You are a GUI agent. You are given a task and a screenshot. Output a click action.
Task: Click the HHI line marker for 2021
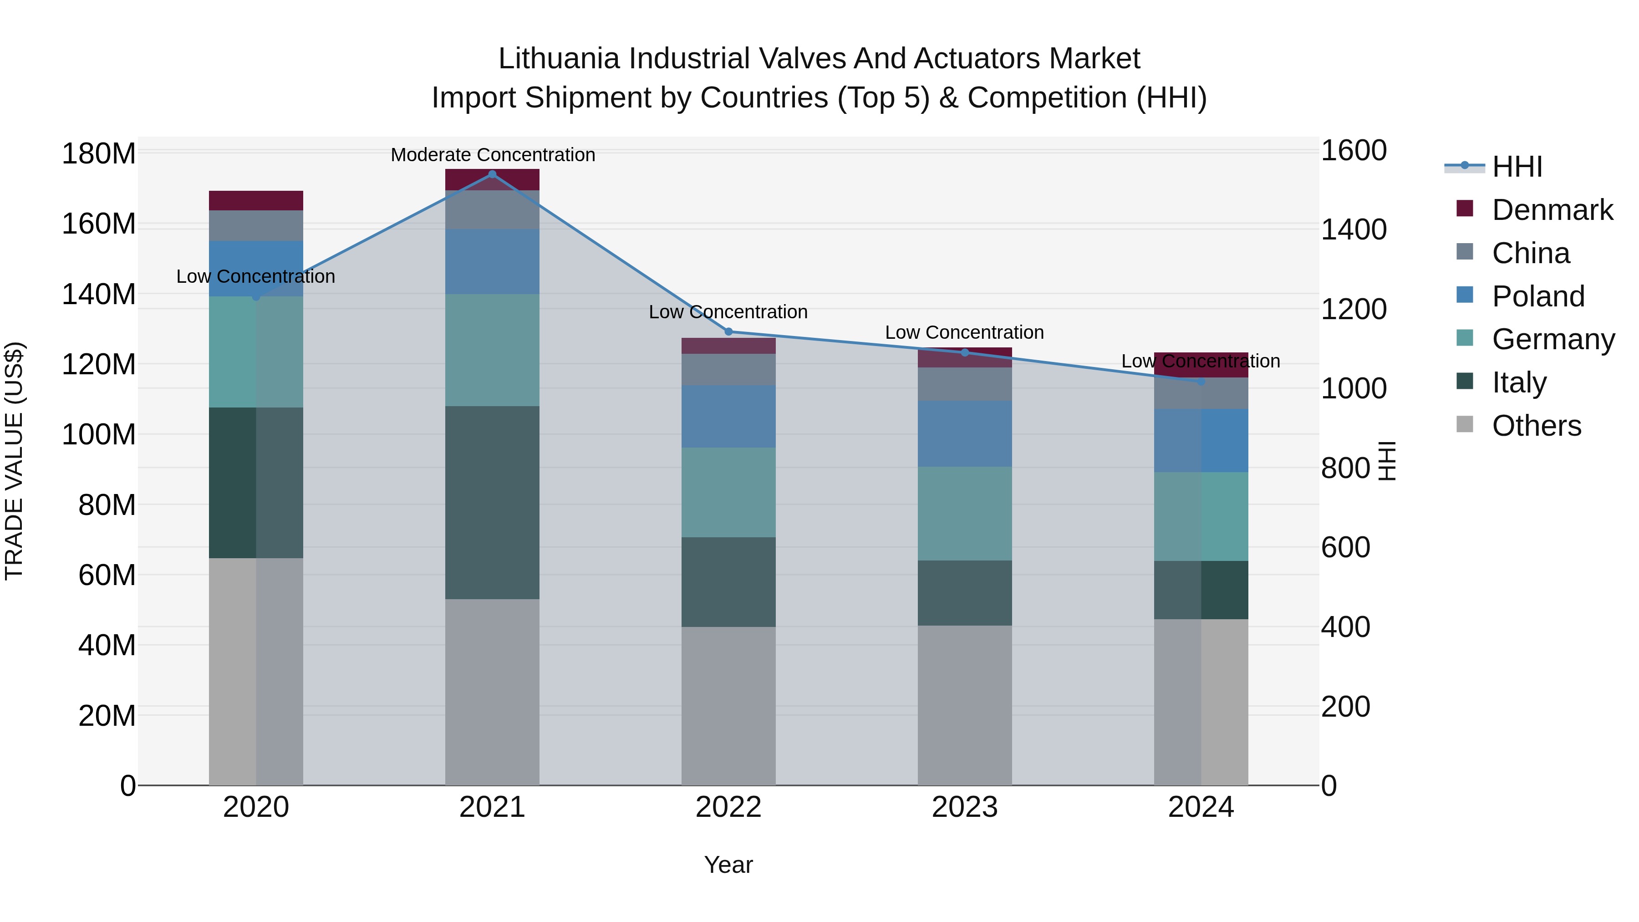coord(492,174)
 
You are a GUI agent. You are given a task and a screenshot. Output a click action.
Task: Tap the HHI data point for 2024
coord(1201,381)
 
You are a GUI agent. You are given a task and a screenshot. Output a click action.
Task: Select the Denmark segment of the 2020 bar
coord(256,200)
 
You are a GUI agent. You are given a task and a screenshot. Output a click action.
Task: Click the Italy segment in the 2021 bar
coord(492,503)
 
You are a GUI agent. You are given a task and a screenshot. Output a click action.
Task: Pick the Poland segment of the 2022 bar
coord(728,416)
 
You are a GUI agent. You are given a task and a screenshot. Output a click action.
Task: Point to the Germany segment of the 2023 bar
coord(965,514)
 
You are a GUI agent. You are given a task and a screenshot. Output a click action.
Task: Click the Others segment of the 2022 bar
coord(728,706)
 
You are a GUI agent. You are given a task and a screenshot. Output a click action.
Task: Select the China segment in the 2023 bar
coord(965,384)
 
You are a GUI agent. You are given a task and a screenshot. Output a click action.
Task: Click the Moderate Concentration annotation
coord(493,155)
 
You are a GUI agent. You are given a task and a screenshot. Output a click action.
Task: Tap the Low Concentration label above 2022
coord(728,312)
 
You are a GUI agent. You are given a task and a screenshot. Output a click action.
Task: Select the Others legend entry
coord(1536,426)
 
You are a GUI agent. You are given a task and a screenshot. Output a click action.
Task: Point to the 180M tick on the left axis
coord(99,154)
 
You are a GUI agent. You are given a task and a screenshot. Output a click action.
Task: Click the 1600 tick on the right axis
coord(1354,151)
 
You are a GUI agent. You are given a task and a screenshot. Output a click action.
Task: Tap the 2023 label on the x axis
coord(965,807)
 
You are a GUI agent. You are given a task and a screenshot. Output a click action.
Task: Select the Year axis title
coord(728,865)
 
